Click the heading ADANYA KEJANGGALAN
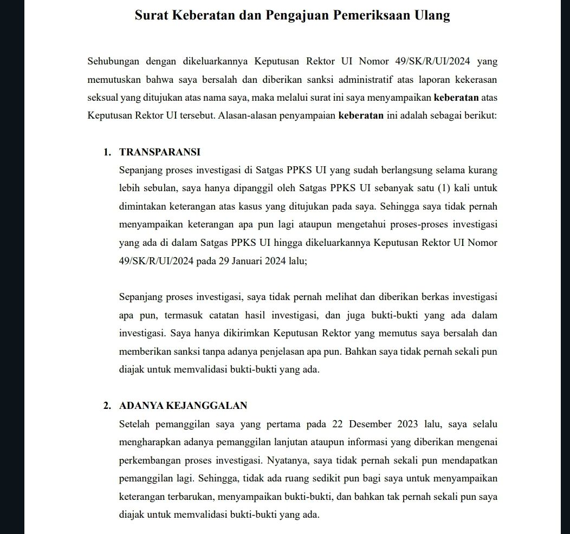click(183, 405)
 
